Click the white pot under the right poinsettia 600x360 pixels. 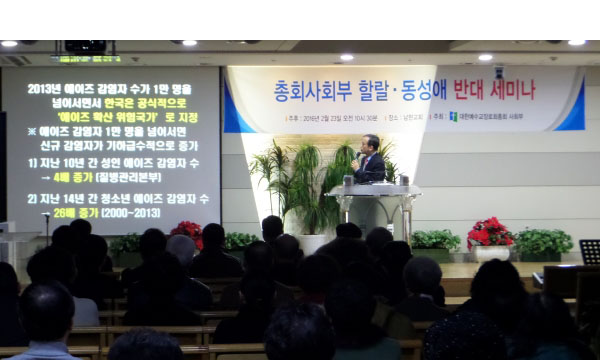[490, 253]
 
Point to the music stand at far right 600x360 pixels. [589, 252]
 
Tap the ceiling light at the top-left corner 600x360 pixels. [9, 44]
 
